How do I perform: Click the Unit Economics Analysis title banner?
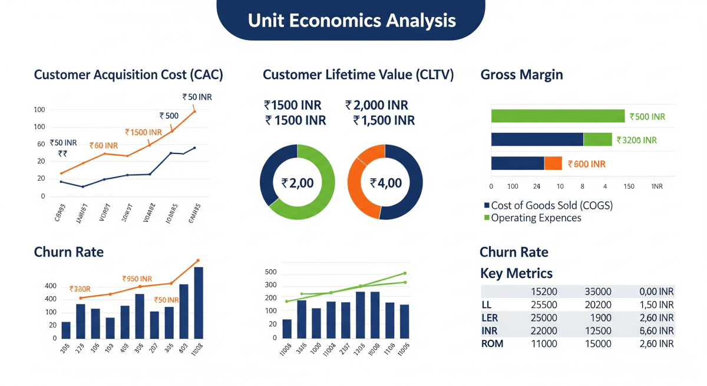click(x=351, y=20)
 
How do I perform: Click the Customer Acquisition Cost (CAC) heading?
click(x=128, y=75)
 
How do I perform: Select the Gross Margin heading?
click(x=521, y=75)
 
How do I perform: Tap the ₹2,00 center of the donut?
click(x=298, y=183)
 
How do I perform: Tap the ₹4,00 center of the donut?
click(x=385, y=183)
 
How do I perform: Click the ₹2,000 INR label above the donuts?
click(x=377, y=106)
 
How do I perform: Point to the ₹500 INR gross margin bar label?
click(x=647, y=117)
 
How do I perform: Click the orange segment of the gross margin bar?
click(x=553, y=163)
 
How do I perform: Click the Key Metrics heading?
click(x=516, y=273)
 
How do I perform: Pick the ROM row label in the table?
click(x=493, y=344)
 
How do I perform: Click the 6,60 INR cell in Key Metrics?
click(x=656, y=331)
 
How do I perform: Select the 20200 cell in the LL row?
click(x=598, y=305)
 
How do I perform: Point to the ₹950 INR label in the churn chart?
click(x=137, y=279)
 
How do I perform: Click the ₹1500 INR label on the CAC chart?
click(x=143, y=133)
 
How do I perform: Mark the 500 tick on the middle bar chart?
click(x=270, y=272)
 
